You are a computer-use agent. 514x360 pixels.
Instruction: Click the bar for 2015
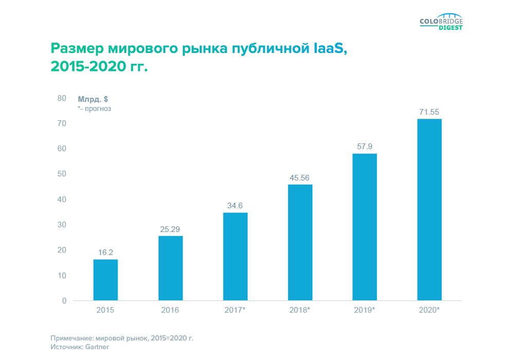pos(105,280)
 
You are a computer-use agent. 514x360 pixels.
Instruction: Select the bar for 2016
pos(170,268)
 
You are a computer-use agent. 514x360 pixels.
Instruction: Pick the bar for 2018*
pos(300,242)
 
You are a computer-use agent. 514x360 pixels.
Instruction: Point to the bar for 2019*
pos(364,227)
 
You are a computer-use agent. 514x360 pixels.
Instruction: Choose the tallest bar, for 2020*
pos(429,209)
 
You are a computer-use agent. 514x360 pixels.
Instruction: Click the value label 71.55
pos(429,112)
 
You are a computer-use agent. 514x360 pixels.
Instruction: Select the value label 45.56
pos(300,177)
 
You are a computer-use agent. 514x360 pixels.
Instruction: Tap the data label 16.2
pos(105,252)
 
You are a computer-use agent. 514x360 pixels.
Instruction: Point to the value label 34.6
pos(235,206)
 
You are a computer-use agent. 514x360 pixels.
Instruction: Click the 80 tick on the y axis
pos(62,98)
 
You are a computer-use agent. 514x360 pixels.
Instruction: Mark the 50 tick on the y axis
pos(62,174)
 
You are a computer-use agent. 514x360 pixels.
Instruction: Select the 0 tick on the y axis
pos(64,300)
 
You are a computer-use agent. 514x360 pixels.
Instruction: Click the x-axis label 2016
pos(170,311)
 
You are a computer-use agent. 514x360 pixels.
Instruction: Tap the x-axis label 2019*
pos(364,311)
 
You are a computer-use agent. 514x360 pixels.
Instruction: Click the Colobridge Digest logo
pos(441,23)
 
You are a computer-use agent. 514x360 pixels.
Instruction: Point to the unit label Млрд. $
pos(93,99)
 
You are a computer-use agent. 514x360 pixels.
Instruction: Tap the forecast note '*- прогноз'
pos(95,109)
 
